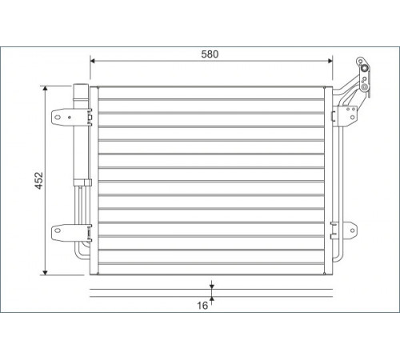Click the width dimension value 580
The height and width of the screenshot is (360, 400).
[x=210, y=54]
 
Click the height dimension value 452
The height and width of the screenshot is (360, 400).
[x=39, y=181]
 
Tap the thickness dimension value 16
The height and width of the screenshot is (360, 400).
[x=202, y=306]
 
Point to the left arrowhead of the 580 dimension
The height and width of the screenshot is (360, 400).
[x=93, y=61]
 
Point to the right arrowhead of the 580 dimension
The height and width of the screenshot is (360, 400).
[x=330, y=61]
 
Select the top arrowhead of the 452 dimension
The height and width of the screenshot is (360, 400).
[x=45, y=89]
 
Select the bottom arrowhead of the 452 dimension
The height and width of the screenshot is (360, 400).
[x=45, y=272]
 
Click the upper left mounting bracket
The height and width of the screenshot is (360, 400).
[x=62, y=117]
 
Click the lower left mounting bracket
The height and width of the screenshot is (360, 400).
[x=63, y=233]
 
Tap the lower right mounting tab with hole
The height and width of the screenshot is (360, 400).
[x=350, y=230]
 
